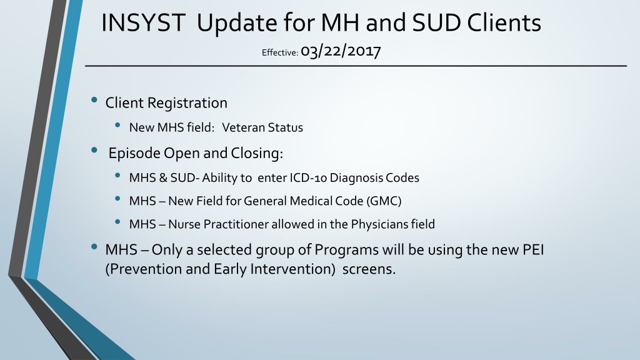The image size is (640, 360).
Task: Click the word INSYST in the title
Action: [x=143, y=22]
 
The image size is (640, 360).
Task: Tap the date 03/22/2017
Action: [x=341, y=51]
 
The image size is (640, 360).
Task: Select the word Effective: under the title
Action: [x=280, y=52]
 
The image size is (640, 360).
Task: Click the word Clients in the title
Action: [x=504, y=22]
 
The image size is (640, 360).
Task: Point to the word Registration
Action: [x=187, y=103]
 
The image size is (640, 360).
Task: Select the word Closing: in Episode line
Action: [x=257, y=153]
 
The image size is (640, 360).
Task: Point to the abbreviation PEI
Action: [x=534, y=249]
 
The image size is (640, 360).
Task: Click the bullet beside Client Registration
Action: [x=95, y=99]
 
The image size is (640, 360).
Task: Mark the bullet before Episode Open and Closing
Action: [x=95, y=150]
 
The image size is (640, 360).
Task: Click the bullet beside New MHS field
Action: [x=118, y=125]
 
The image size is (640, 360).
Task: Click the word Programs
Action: [x=346, y=250]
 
